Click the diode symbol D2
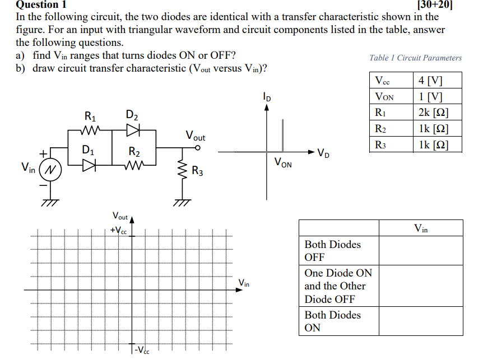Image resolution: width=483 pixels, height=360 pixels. point(132,130)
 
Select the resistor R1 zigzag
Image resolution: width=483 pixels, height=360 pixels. point(90,130)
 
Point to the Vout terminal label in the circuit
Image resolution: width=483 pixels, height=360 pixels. point(196,136)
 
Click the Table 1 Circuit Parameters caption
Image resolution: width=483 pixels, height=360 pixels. point(416,58)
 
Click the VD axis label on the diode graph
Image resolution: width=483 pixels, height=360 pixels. point(323,152)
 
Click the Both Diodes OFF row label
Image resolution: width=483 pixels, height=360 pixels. point(333,251)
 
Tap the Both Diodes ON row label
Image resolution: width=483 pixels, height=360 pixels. point(333,321)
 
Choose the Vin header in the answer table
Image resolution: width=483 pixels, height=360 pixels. point(421,228)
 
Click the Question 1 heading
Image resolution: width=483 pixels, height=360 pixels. point(43,4)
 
